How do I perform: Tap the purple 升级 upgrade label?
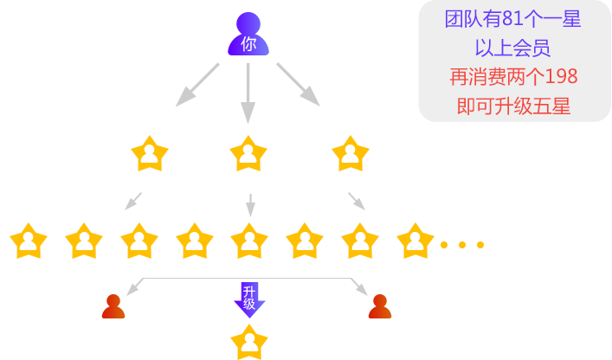click(248, 299)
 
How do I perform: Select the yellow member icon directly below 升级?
click(248, 341)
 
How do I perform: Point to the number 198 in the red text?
click(561, 77)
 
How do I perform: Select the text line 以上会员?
click(513, 48)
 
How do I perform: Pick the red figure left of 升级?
click(113, 306)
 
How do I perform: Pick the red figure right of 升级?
click(379, 306)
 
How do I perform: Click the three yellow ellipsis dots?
click(461, 245)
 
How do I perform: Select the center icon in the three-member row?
click(248, 153)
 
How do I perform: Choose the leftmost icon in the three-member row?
click(149, 153)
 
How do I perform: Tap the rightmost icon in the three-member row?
click(350, 153)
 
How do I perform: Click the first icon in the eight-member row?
click(29, 241)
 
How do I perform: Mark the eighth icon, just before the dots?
click(415, 241)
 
